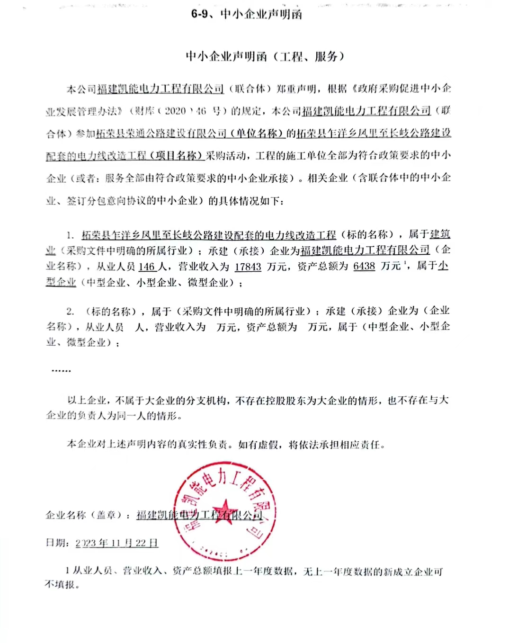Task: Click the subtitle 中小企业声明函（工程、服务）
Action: tap(265, 57)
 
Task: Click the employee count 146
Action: tap(147, 267)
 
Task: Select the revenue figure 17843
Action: tap(248, 267)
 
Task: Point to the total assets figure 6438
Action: tap(364, 266)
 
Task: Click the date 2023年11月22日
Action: tap(116, 543)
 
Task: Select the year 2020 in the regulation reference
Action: tap(175, 111)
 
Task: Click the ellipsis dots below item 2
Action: tap(61, 370)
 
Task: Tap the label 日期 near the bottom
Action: tap(57, 543)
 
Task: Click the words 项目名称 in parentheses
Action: tap(180, 156)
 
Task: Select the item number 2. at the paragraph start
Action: tap(70, 311)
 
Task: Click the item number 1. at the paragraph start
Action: tap(70, 235)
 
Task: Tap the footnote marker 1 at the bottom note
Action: tap(68, 572)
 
